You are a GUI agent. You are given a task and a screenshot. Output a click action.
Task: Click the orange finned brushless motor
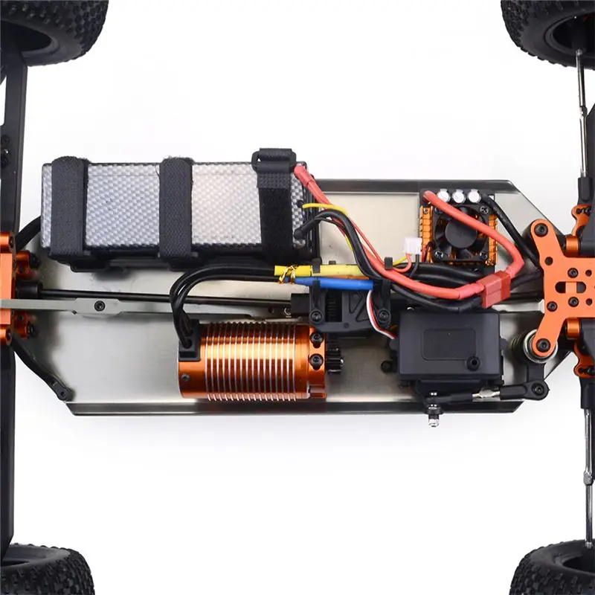pos(253,361)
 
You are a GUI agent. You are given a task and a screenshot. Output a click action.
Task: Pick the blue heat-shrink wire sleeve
pos(335,283)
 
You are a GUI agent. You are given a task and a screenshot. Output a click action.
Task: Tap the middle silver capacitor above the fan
pos(459,196)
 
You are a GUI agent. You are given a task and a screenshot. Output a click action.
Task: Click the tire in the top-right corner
pos(550,26)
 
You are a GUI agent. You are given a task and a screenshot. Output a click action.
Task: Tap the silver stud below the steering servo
pos(433,420)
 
